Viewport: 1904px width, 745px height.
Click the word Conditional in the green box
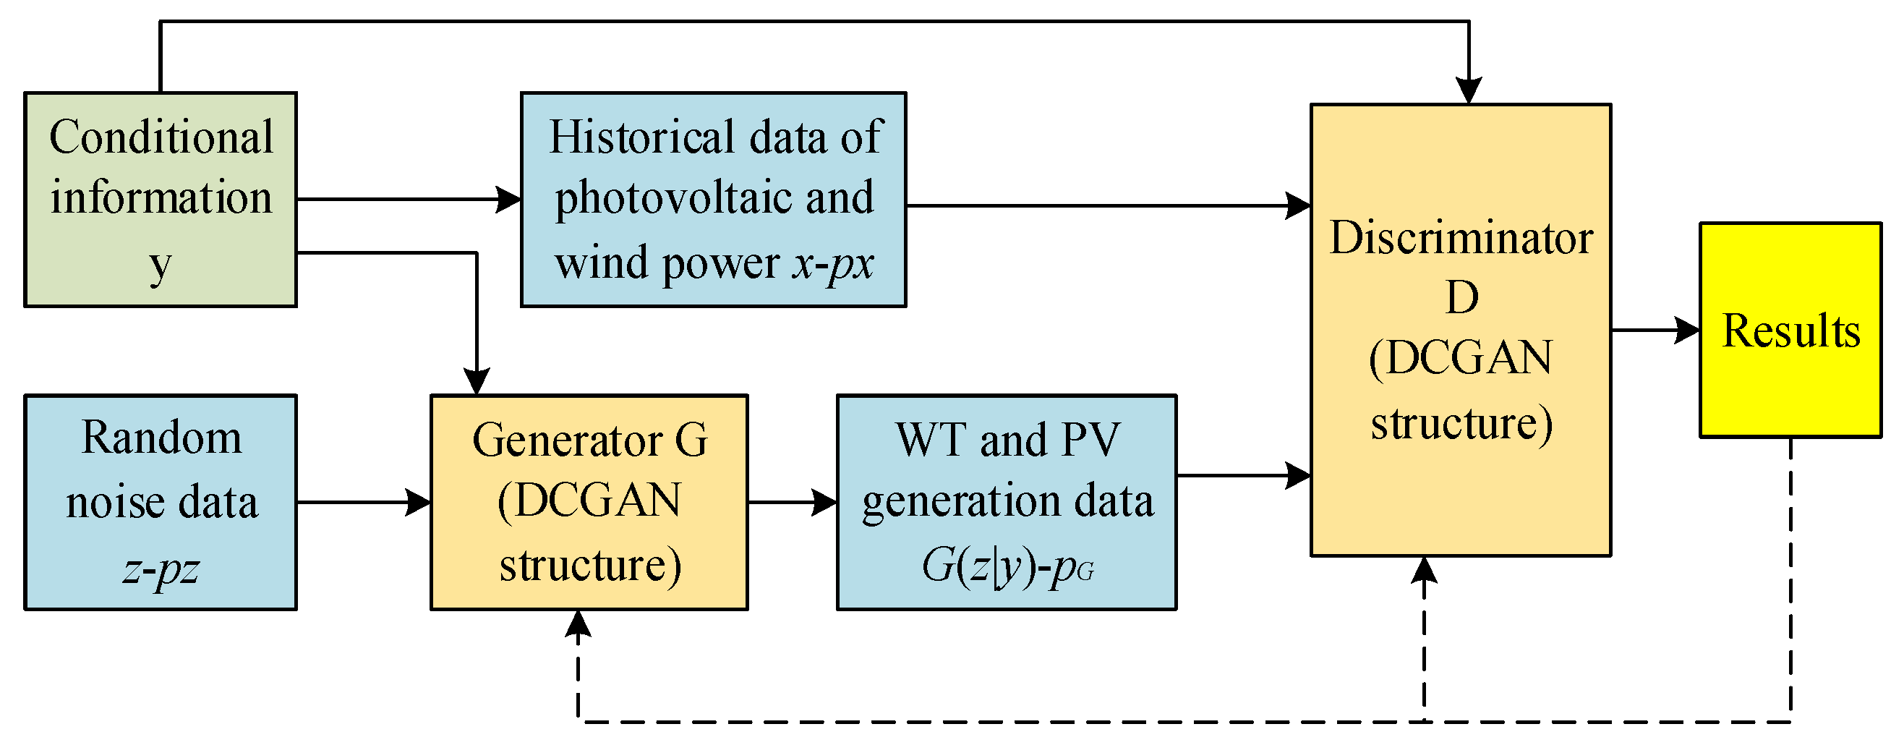pos(161,137)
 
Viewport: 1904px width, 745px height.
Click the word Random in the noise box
pos(161,438)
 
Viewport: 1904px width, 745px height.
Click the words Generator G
pos(590,440)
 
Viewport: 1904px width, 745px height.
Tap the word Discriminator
pos(1461,238)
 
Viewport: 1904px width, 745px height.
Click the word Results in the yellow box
pos(1791,331)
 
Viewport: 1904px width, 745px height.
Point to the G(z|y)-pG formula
pos(1007,568)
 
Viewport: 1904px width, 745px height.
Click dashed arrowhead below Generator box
pos(578,623)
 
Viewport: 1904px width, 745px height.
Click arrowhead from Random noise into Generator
pos(419,503)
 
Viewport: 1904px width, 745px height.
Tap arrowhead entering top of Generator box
pos(477,381)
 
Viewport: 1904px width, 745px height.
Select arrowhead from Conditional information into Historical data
pos(508,200)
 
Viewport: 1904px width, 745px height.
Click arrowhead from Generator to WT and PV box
pos(825,503)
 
